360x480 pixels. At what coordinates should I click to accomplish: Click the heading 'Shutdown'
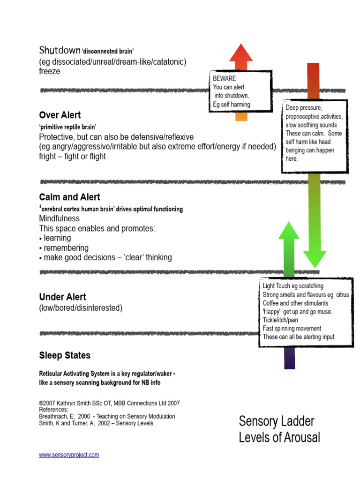(x=60, y=50)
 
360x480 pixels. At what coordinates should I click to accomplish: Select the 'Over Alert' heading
(x=60, y=115)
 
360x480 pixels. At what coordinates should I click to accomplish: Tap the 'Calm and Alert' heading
(x=69, y=197)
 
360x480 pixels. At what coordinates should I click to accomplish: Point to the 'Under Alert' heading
(x=62, y=297)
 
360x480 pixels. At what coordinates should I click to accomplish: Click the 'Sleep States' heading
(x=65, y=355)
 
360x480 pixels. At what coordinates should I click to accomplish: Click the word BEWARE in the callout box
(x=225, y=79)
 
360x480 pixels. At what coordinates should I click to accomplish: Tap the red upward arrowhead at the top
(x=241, y=52)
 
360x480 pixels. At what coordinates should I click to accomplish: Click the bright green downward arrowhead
(x=315, y=258)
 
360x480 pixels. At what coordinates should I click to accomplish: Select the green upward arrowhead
(x=289, y=231)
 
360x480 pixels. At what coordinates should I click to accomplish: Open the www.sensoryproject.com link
(x=69, y=455)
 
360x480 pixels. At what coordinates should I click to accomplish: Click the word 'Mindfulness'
(x=60, y=218)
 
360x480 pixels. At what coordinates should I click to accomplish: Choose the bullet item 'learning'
(x=58, y=238)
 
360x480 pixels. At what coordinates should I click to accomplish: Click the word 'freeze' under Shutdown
(x=50, y=72)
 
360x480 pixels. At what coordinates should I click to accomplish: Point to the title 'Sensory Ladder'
(x=277, y=420)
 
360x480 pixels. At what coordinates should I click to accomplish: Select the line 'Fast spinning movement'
(x=292, y=328)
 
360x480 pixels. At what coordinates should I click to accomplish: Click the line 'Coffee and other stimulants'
(x=295, y=303)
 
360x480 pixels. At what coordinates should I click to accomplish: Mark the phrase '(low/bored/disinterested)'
(x=81, y=308)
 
